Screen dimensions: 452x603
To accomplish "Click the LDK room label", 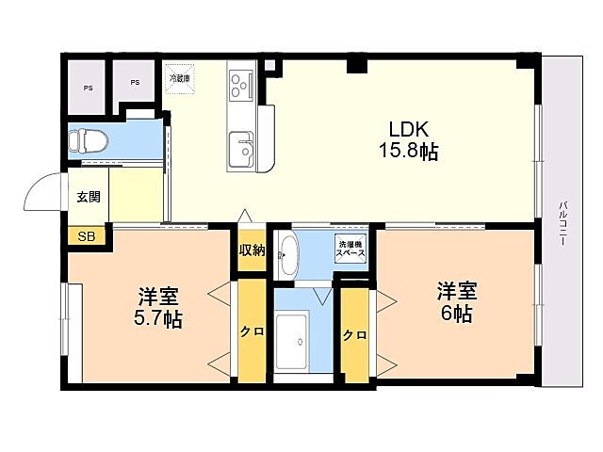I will [x=408, y=130].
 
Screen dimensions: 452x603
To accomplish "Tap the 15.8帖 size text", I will [x=408, y=151].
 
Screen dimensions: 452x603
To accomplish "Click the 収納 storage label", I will [x=252, y=250].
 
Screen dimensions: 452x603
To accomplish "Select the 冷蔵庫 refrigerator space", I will [x=179, y=78].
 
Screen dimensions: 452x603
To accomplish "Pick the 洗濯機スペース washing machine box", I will [x=351, y=251].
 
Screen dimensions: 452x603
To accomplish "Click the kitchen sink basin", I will [x=243, y=149].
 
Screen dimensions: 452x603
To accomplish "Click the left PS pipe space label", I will [x=88, y=88].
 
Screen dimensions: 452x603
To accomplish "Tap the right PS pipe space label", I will [x=135, y=83].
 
